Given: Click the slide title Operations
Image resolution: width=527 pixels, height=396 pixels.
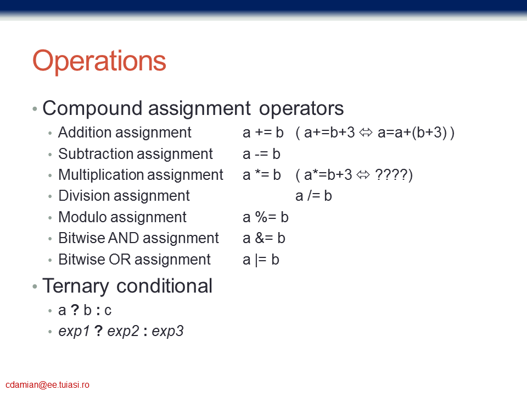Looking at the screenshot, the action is [x=99, y=61].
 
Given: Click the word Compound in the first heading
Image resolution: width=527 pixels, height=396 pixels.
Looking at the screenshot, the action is [x=92, y=108].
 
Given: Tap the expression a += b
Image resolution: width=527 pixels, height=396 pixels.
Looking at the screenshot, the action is [x=263, y=133].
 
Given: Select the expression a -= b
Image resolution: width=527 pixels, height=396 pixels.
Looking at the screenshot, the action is [x=261, y=154].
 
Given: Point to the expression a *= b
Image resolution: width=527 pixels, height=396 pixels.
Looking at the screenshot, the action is [x=262, y=175].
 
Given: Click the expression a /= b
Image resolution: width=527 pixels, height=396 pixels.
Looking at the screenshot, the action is [x=313, y=196].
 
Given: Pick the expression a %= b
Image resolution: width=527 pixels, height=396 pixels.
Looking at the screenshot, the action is [x=266, y=217].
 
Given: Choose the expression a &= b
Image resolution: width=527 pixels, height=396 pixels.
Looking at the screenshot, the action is [x=264, y=238].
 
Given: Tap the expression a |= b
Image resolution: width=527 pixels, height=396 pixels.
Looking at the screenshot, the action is [x=261, y=260].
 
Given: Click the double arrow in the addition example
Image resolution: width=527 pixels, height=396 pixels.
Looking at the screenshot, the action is [x=366, y=133].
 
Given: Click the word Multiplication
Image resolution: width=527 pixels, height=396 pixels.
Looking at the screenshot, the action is [x=101, y=175].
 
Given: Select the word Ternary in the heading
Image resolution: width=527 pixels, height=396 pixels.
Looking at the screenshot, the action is [x=76, y=287].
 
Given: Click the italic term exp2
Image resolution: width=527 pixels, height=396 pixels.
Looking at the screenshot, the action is [x=123, y=331].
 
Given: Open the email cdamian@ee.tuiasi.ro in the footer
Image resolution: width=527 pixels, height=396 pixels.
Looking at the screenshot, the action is [x=47, y=385].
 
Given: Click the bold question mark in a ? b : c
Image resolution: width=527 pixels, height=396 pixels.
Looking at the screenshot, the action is [x=75, y=310].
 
